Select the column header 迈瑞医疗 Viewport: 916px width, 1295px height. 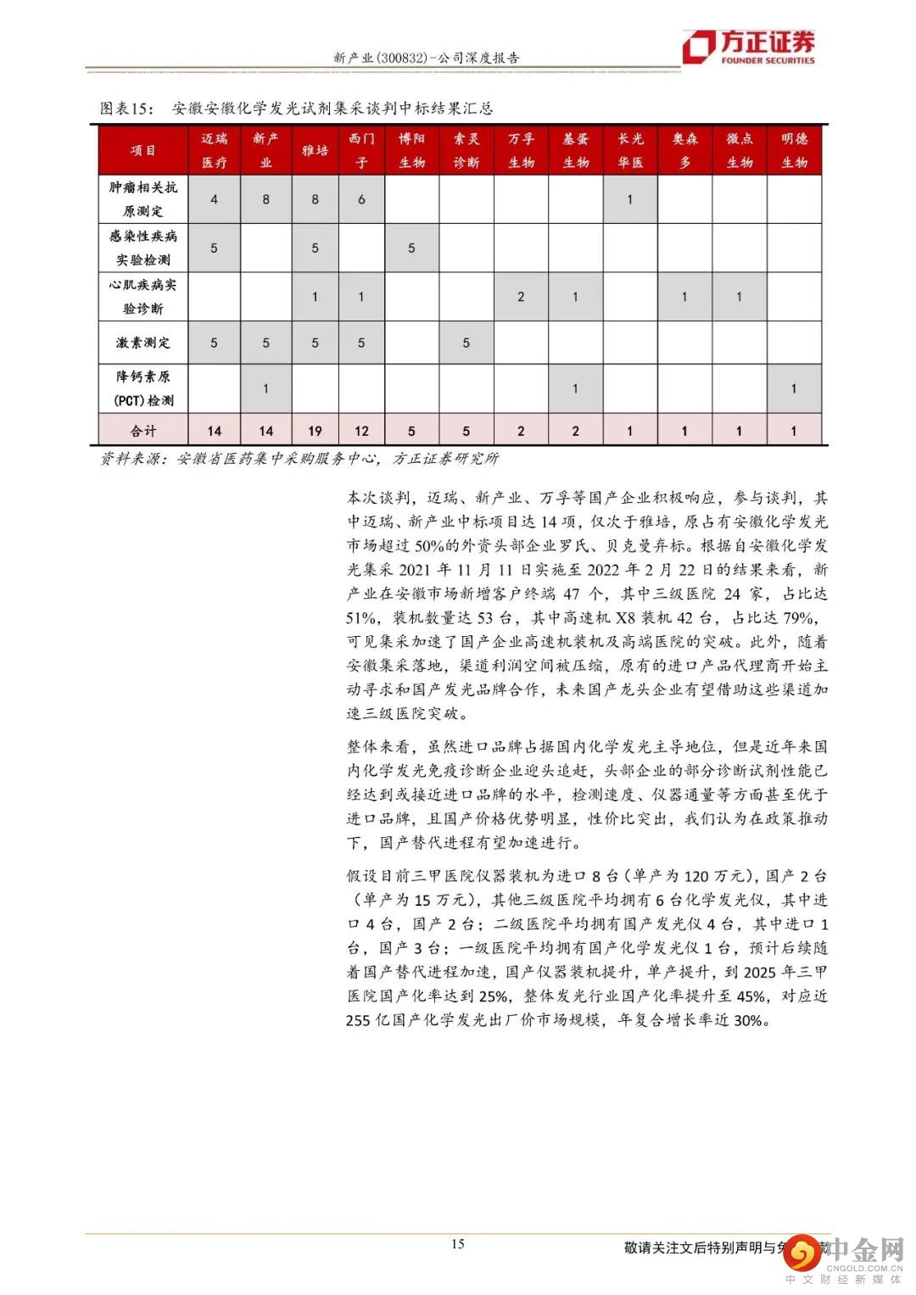pyautogui.click(x=214, y=150)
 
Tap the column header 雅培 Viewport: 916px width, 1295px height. pyautogui.click(x=315, y=150)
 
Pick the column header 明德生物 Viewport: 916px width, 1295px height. pyautogui.click(x=794, y=150)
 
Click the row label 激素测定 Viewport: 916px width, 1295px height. pyautogui.click(x=143, y=343)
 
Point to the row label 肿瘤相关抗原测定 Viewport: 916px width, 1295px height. pyautogui.click(x=143, y=198)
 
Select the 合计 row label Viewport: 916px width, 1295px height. pyautogui.click(x=143, y=431)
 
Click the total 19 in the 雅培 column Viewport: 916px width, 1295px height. pyautogui.click(x=315, y=431)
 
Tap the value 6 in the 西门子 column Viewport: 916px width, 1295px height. pyautogui.click(x=361, y=199)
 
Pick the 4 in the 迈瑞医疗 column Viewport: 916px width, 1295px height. pyautogui.click(x=214, y=199)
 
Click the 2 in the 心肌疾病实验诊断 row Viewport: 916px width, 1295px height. pyautogui.click(x=521, y=297)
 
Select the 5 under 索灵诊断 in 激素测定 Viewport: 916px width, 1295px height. pyautogui.click(x=466, y=343)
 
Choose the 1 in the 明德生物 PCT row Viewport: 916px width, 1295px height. pyautogui.click(x=794, y=388)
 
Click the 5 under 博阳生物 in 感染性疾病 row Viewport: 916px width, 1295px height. pyautogui.click(x=411, y=248)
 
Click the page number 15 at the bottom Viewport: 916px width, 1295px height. pyautogui.click(x=457, y=1244)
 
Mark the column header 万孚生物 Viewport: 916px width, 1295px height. pyautogui.click(x=521, y=150)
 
